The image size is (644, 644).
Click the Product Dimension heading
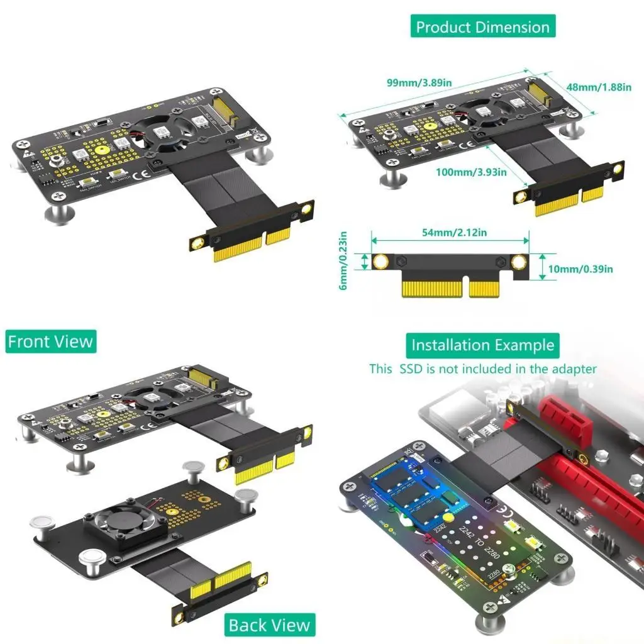click(483, 27)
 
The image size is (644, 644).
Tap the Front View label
click(50, 341)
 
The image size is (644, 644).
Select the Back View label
click(269, 625)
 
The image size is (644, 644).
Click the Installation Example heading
click(482, 345)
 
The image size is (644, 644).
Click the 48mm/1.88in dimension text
click(598, 87)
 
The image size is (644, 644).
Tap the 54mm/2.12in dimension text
click(451, 233)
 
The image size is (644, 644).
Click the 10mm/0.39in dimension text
click(580, 269)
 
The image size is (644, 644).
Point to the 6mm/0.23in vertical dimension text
click(343, 261)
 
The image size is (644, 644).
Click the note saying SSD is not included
click(482, 369)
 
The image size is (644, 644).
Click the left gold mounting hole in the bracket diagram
click(380, 262)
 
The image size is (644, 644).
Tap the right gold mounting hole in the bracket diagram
click(519, 262)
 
